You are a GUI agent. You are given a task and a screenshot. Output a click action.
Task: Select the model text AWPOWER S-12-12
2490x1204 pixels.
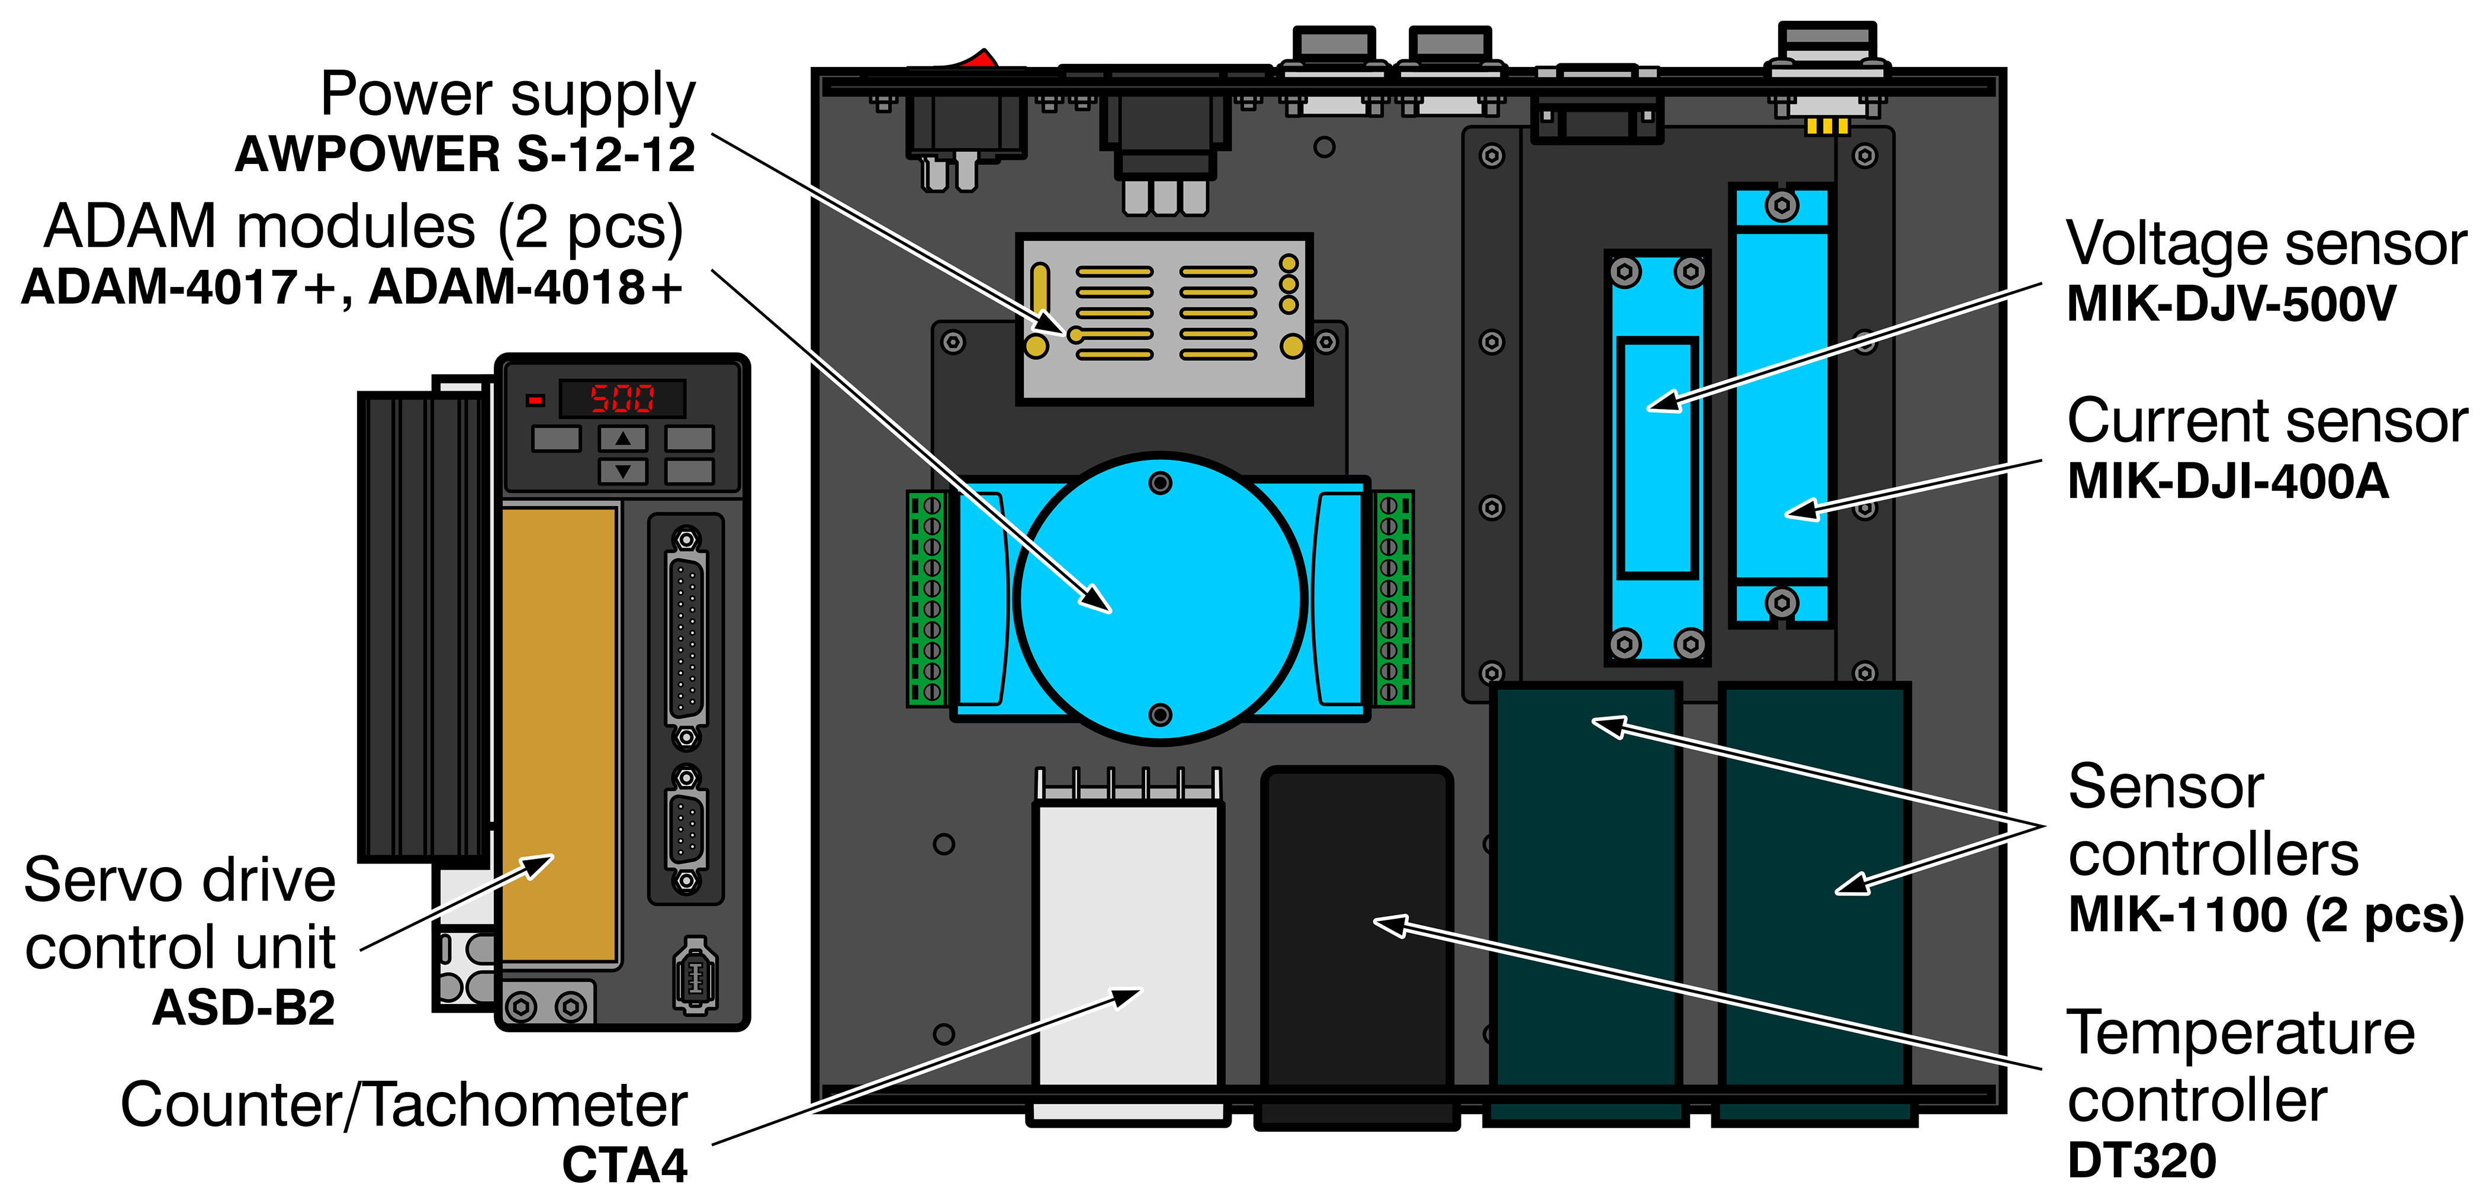click(465, 154)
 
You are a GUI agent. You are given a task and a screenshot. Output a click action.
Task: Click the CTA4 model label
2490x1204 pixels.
click(625, 1166)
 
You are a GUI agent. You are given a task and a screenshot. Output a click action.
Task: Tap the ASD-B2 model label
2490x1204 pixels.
click(243, 1008)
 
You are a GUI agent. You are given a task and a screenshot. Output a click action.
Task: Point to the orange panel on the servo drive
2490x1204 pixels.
click(559, 735)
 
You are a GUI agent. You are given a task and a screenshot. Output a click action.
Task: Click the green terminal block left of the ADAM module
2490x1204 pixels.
click(926, 598)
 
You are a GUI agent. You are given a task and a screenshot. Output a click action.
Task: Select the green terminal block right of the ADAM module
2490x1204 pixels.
click(1393, 598)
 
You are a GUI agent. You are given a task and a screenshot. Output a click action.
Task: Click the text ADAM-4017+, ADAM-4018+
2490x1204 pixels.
click(352, 287)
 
